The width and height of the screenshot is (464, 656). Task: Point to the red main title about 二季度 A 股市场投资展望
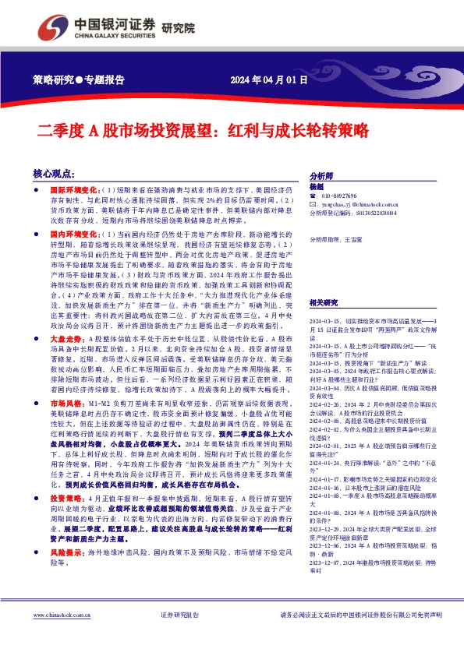click(203, 131)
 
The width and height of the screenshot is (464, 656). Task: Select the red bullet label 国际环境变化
click(76, 189)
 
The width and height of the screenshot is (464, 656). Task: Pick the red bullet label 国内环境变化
click(76, 233)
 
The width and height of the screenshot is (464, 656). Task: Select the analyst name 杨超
click(317, 188)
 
